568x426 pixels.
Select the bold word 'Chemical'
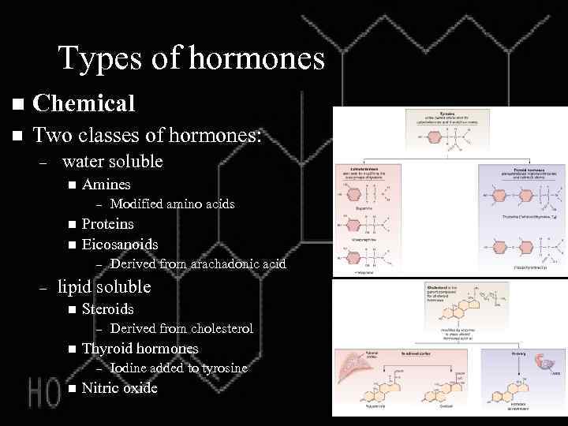(x=85, y=103)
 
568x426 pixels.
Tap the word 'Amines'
(x=106, y=185)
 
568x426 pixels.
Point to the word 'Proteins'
(x=108, y=224)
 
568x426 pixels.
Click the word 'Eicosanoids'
(x=120, y=245)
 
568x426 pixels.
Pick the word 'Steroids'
(x=108, y=308)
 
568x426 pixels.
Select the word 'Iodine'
(x=130, y=368)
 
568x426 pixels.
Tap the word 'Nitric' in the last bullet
(x=101, y=387)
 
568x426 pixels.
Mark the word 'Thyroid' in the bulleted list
(x=106, y=348)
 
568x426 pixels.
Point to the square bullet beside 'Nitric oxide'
(x=71, y=388)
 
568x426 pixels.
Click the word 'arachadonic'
(x=222, y=263)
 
